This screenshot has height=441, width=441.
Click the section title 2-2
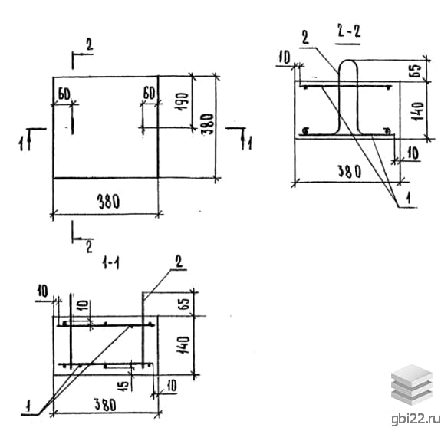coord(349,31)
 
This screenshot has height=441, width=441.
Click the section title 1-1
coord(110,264)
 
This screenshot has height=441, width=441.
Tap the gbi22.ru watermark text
coord(416,419)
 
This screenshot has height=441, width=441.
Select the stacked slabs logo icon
coord(412,385)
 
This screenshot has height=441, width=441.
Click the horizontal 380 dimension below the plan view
coord(108,202)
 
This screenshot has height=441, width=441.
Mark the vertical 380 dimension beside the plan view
coord(209,124)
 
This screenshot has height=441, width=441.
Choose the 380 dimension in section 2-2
coord(349,171)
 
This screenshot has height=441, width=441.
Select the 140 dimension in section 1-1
coord(183,345)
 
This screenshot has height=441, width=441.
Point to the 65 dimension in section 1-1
coord(185,303)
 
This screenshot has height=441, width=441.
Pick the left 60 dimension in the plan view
coord(64,94)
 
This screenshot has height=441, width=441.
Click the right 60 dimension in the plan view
coord(149,93)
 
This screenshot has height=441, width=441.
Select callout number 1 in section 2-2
coord(409,198)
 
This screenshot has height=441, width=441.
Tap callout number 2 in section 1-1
coord(179,262)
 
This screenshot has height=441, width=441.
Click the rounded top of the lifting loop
coord(348,61)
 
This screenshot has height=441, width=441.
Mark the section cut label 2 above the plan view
coord(90,44)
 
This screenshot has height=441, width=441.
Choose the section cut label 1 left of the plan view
coord(21,143)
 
